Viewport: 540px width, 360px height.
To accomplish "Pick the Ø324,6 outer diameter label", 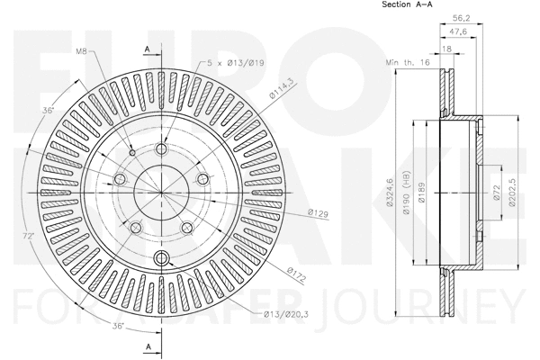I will coord(391,193).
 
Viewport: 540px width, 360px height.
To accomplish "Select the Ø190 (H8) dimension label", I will coord(406,193).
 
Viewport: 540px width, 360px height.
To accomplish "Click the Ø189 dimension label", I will coord(421,193).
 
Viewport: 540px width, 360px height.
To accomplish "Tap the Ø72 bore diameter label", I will coord(496,193).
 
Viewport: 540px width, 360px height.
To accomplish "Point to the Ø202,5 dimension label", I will coord(510,193).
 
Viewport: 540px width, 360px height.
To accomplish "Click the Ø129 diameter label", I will coord(317,213).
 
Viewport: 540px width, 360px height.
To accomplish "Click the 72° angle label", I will coord(29,236).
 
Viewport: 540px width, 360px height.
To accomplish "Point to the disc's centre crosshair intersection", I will coord(162,193).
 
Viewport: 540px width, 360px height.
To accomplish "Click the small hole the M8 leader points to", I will coord(132,152).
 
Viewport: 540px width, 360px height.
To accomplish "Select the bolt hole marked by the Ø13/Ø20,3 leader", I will coord(162,259).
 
